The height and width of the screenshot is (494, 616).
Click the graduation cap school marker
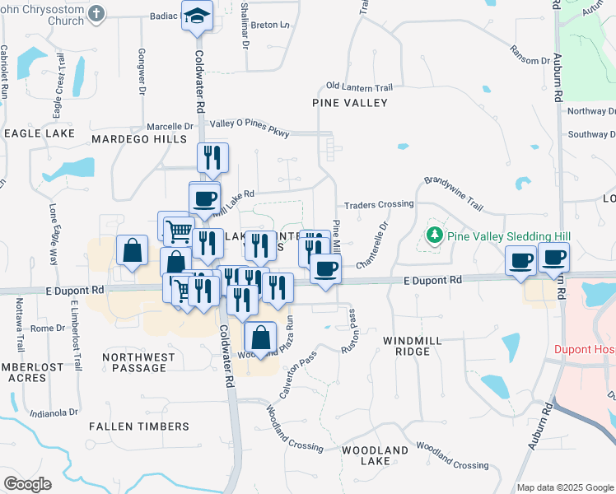[x=198, y=16]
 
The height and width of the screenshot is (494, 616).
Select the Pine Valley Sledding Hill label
[x=509, y=236]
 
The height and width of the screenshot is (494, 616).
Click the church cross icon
[x=97, y=14]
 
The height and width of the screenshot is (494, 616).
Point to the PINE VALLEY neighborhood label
[x=350, y=103]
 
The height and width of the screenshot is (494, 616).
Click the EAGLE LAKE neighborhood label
[x=39, y=132]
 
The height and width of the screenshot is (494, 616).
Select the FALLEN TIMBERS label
[x=138, y=426]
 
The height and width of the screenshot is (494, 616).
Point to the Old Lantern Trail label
[x=358, y=86]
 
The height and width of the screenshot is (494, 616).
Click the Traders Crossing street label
[x=378, y=204]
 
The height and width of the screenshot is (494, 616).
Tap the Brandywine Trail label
[x=453, y=191]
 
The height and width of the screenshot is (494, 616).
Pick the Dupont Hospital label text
[x=585, y=348]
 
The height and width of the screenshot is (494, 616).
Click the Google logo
[x=27, y=483]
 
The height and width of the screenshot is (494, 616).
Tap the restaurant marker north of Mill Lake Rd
[x=213, y=157]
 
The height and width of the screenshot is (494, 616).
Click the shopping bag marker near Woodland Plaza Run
[x=260, y=338]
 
